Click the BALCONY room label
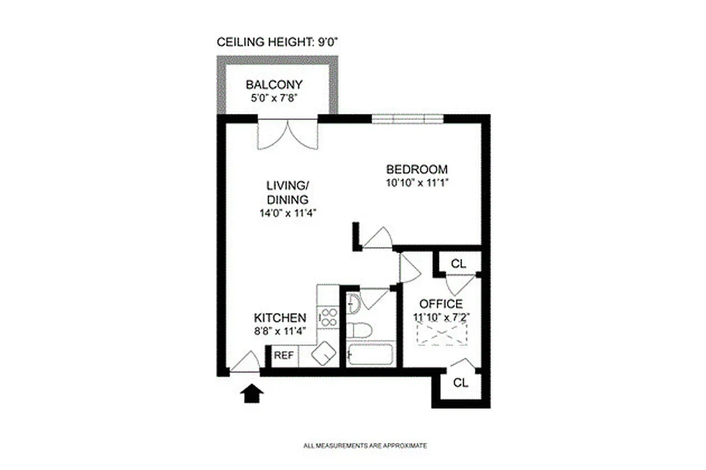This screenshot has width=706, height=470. point(274,83)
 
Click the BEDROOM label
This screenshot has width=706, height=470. point(417,169)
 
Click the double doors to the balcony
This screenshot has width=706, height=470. point(288,134)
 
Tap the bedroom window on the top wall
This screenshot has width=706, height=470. point(407,119)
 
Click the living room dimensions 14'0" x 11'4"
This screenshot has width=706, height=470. point(286,213)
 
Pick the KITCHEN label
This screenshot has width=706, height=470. point(279,317)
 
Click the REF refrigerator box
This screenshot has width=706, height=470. point(284,355)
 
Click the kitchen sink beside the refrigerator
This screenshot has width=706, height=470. point(323,355)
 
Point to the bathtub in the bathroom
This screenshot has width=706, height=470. point(369,355)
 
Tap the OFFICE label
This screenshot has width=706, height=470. point(440,304)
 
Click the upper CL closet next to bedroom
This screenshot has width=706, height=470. point(458,264)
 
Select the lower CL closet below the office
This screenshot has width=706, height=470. point(461,383)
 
